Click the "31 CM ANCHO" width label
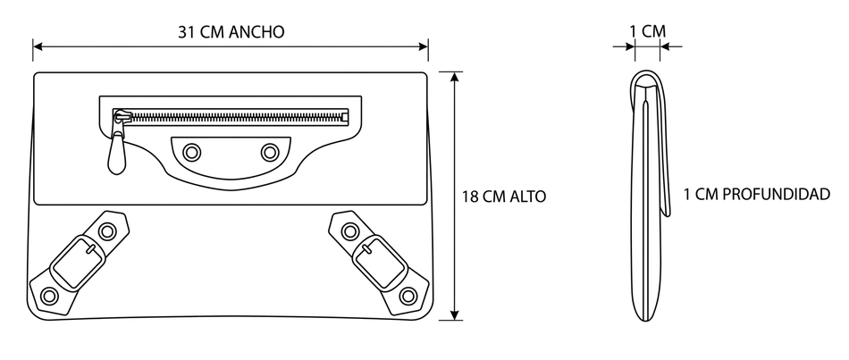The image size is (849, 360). coord(231,32)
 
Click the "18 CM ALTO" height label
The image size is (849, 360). coord(503,196)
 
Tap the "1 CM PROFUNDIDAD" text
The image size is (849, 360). coord(756,194)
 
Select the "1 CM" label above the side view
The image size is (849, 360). coord(648,30)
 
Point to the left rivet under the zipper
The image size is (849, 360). coord(191,152)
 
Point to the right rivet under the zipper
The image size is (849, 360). coord(270,152)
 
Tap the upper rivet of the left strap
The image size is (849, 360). coord(108,232)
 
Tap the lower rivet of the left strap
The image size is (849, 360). coord(49,295)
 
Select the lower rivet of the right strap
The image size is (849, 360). coord(408,295)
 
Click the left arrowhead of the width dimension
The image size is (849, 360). coord(38,47)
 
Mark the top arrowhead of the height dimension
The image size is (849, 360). coord(456,77)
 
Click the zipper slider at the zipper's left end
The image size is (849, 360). coord(120,116)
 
